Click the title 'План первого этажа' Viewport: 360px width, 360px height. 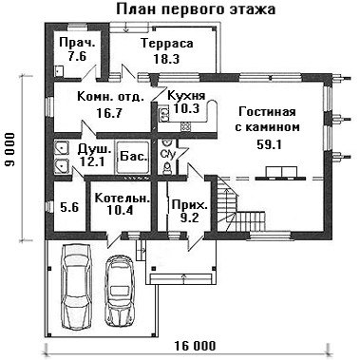pyautogui.click(x=196, y=9)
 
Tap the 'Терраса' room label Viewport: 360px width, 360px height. pyautogui.click(x=167, y=44)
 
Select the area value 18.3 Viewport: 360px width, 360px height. pyautogui.click(x=166, y=59)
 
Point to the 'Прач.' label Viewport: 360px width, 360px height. pyautogui.click(x=77, y=43)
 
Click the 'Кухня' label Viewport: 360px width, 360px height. pyautogui.click(x=186, y=95)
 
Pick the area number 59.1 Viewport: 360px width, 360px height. pyautogui.click(x=269, y=145)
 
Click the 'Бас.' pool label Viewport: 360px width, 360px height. pyautogui.click(x=134, y=157)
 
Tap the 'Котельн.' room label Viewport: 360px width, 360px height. pyautogui.click(x=123, y=199)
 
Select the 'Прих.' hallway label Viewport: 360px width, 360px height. pyautogui.click(x=189, y=205)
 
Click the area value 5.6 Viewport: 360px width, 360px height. pyautogui.click(x=69, y=208)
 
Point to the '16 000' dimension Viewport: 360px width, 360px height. pyautogui.click(x=195, y=346)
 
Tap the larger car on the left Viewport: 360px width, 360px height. pyautogui.click(x=77, y=288)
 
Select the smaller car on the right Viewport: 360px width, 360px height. pyautogui.click(x=119, y=291)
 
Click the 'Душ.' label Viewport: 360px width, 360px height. pyautogui.click(x=95, y=148)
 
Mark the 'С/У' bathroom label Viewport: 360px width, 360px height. pyautogui.click(x=168, y=155)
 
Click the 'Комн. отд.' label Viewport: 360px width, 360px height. pyautogui.click(x=110, y=97)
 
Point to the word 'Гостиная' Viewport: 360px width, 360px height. pyautogui.click(x=267, y=112)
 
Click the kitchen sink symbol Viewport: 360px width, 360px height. pyautogui.click(x=163, y=115)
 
